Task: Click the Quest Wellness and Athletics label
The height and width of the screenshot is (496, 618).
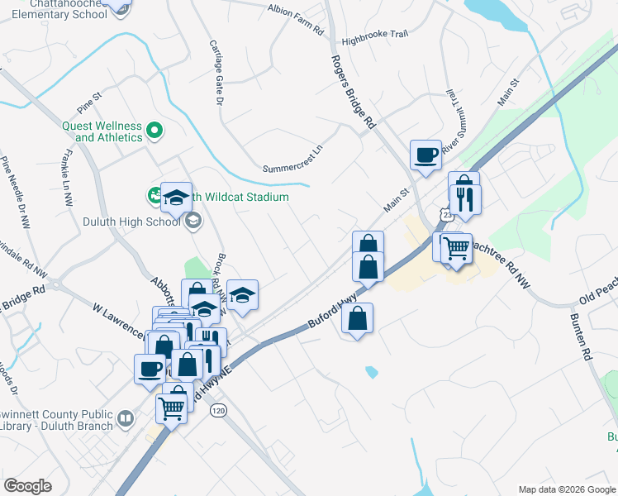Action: (x=102, y=131)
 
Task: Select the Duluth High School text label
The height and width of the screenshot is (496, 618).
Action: (x=131, y=221)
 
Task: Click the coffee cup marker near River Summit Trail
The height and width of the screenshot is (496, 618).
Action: (x=426, y=155)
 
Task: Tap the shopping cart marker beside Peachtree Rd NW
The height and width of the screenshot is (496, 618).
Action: (x=455, y=247)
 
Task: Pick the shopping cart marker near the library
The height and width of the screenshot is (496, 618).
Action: (x=172, y=407)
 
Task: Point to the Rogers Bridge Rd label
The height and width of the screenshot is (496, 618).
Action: (x=354, y=92)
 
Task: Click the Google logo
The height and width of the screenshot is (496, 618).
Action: (x=28, y=486)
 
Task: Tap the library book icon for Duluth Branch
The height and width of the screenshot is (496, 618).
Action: (x=125, y=419)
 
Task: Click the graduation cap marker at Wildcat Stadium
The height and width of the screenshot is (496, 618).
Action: (x=176, y=197)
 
